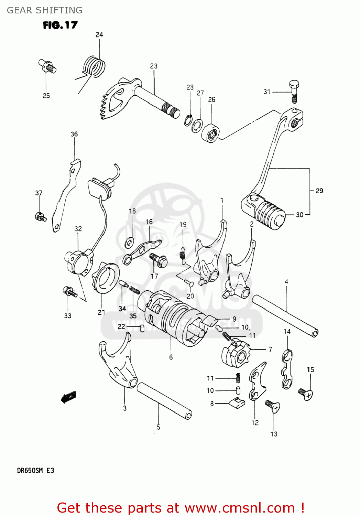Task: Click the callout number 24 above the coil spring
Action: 99,35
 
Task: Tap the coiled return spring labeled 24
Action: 94,66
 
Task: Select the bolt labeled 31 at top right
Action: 294,92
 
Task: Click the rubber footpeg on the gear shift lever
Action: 270,214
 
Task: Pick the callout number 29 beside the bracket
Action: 319,191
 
